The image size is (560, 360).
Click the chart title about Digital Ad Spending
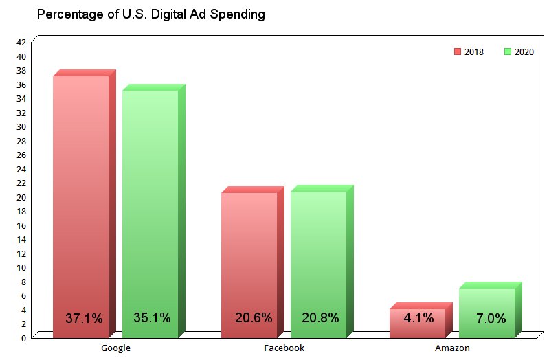tap(150, 14)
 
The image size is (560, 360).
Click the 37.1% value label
tap(84, 318)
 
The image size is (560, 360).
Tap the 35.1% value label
tap(152, 317)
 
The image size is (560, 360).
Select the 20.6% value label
tap(253, 317)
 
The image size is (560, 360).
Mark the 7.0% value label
tap(491, 318)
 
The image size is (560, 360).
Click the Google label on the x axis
tap(115, 348)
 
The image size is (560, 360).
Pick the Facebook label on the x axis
tap(284, 348)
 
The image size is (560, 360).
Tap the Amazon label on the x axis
tap(452, 348)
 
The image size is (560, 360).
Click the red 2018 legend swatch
tap(458, 52)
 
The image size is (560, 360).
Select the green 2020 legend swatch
tap(507, 52)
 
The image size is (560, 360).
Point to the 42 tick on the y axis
tap(21, 42)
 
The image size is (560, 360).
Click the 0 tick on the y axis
tap(23, 337)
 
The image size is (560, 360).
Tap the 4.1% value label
tap(419, 317)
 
